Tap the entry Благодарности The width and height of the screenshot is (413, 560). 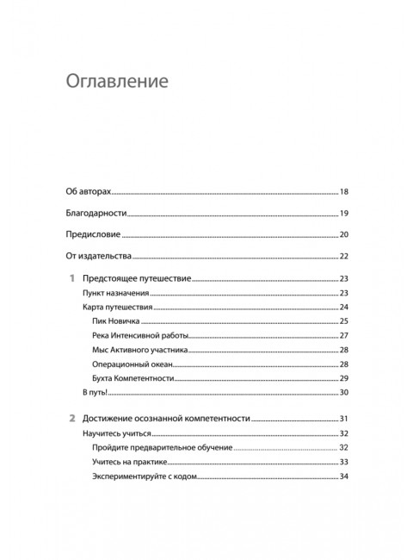pyautogui.click(x=96, y=213)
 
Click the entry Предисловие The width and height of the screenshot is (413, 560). pyautogui.click(x=94, y=234)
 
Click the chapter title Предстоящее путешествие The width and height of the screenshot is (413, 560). pyautogui.click(x=137, y=279)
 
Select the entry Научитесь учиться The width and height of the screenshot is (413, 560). pyautogui.click(x=119, y=433)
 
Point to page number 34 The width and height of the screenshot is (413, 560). pyautogui.click(x=344, y=476)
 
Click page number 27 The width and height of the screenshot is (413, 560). pyautogui.click(x=344, y=336)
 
